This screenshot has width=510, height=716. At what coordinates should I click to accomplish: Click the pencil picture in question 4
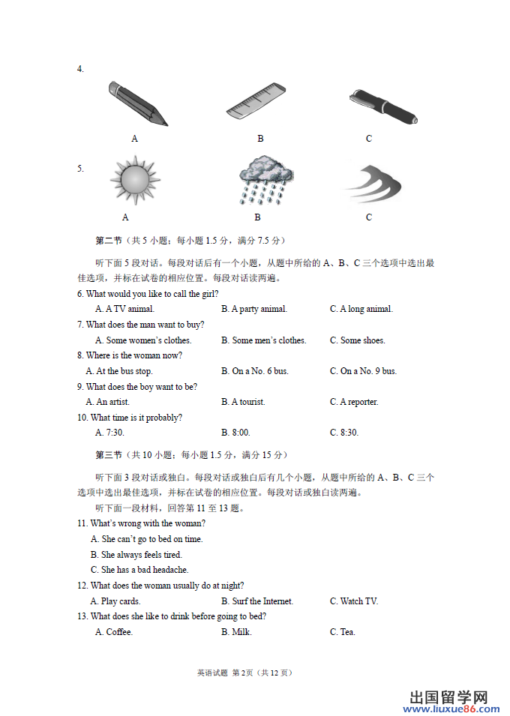point(137,103)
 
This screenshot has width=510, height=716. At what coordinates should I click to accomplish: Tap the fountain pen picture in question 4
point(382,106)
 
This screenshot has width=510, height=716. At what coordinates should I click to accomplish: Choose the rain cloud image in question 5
point(264,181)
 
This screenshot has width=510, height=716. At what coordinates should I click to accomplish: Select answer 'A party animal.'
point(254,309)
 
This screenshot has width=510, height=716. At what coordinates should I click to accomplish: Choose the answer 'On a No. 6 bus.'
point(254,371)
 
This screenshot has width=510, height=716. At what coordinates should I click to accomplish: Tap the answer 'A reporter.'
point(354,402)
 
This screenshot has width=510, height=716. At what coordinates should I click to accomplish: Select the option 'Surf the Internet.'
point(257,601)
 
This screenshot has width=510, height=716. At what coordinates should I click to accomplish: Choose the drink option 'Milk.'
point(236,632)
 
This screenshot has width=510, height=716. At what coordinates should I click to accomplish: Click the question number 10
point(82,418)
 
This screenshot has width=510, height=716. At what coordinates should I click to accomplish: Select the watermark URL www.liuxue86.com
point(454,709)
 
